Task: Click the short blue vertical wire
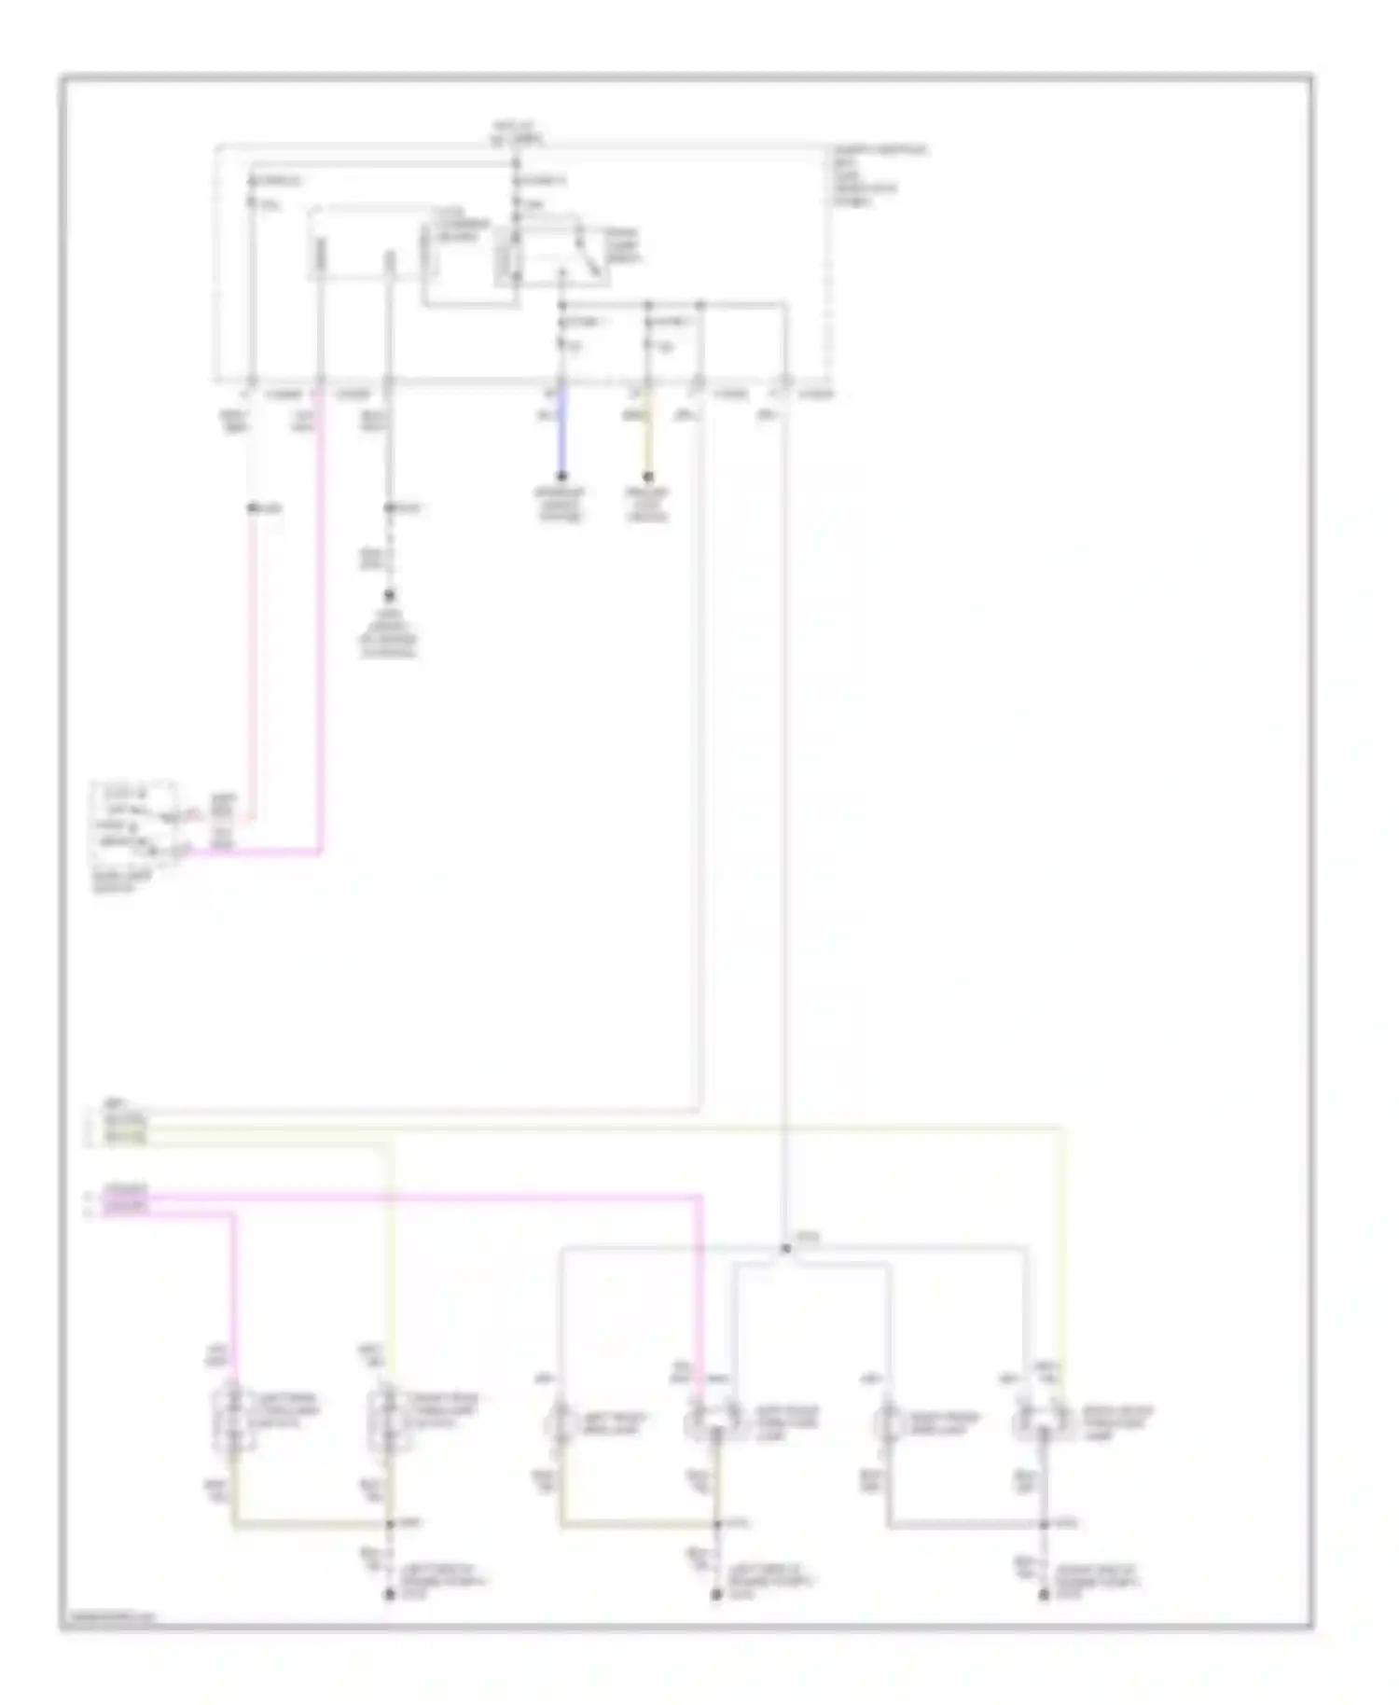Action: click(561, 434)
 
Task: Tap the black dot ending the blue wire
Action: click(561, 477)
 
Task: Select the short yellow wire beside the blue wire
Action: click(648, 434)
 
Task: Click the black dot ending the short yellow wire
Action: click(648, 477)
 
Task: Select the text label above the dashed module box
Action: click(517, 132)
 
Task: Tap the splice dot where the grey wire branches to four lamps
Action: click(786, 1248)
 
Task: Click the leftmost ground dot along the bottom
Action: click(390, 1596)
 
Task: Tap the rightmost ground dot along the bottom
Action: click(1045, 1596)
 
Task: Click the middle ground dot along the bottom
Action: click(716, 1596)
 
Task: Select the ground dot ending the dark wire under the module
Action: click(390, 595)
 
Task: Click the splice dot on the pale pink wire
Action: click(251, 508)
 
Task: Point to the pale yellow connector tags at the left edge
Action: click(125, 1128)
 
